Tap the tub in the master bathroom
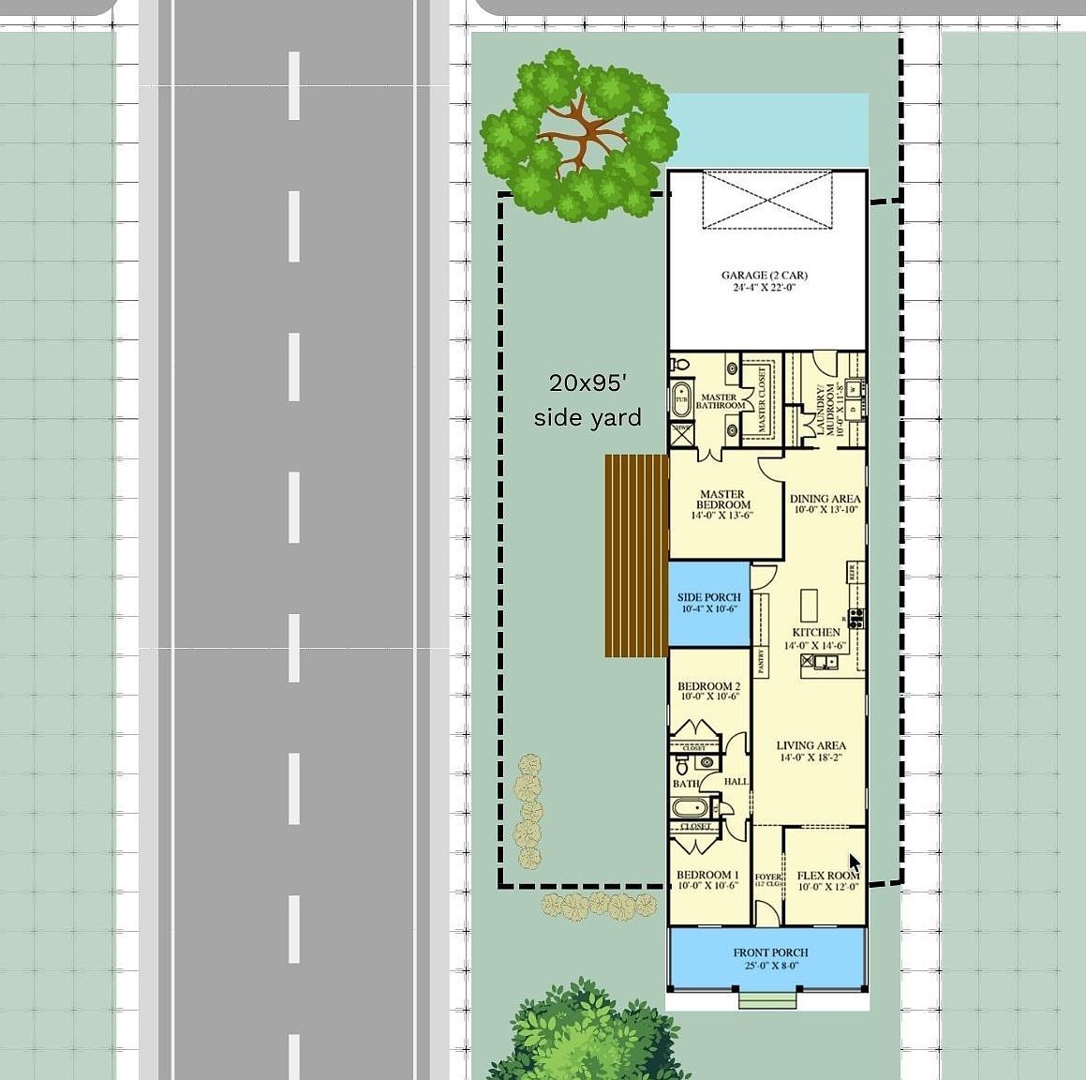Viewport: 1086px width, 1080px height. coord(681,399)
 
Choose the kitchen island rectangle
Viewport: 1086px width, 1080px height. coord(808,600)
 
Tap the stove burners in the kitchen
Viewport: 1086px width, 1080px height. coord(855,618)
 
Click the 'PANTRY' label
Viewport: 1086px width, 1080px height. coord(761,662)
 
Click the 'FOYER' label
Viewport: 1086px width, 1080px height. coord(767,878)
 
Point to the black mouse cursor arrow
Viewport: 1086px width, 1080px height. coord(855,863)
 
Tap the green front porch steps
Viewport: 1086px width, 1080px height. coord(767,1000)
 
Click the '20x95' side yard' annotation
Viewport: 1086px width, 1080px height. coord(588,399)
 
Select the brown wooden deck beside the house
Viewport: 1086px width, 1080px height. coord(635,555)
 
